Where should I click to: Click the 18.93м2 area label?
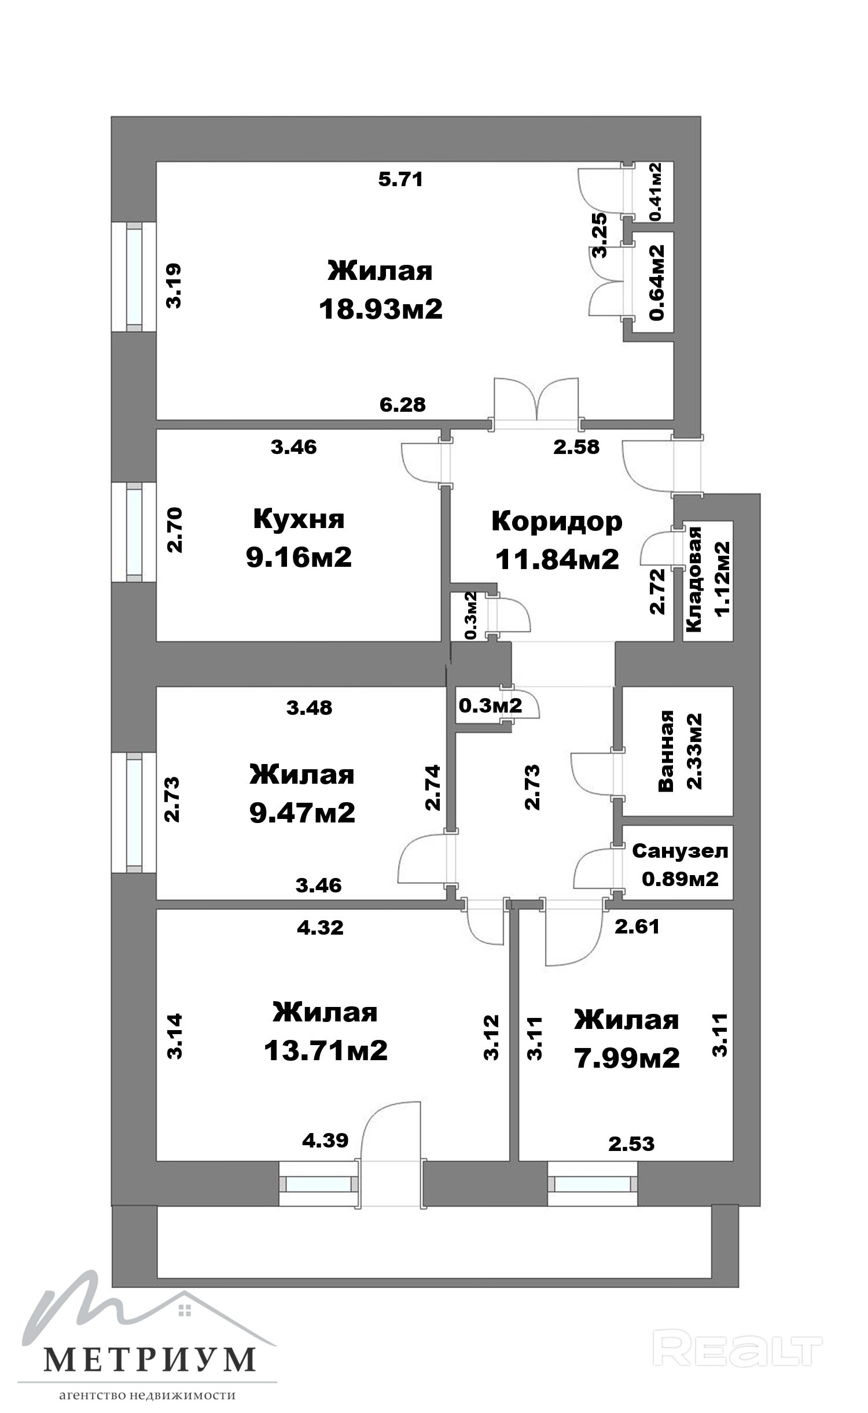click(x=381, y=309)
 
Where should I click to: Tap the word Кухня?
click(x=299, y=519)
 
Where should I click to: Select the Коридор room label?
click(x=557, y=522)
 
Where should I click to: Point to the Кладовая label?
click(x=693, y=579)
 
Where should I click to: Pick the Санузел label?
click(x=680, y=851)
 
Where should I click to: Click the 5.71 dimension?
click(x=400, y=179)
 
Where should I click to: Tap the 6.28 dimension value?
click(x=403, y=404)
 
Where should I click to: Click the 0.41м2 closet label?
click(x=656, y=191)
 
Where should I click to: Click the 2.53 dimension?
click(x=631, y=1143)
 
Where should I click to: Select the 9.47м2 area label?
click(x=302, y=813)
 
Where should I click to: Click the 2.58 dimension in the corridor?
click(x=576, y=447)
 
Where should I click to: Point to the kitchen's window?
click(x=134, y=532)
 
